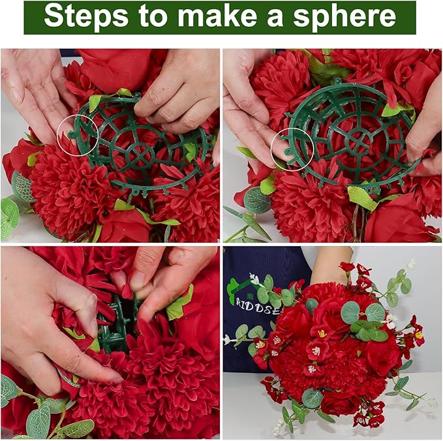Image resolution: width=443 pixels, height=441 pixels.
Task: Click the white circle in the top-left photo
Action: click(78, 135)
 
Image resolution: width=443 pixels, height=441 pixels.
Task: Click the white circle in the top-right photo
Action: click(292, 149)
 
